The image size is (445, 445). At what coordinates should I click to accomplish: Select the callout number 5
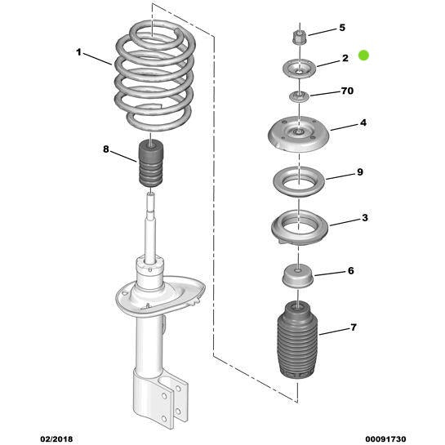[341, 28]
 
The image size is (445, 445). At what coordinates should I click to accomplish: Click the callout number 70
[346, 91]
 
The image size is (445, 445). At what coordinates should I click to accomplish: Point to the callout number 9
[359, 172]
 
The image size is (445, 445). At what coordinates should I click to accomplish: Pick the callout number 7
[353, 327]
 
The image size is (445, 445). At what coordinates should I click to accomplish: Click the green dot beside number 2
[364, 56]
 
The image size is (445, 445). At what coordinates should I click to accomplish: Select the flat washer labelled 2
[298, 69]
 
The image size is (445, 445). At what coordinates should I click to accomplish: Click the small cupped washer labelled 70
[298, 100]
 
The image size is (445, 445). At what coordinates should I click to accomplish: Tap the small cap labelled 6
[298, 276]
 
